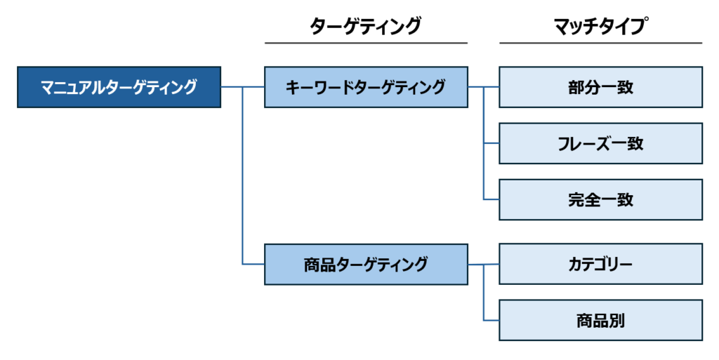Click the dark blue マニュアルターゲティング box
(119, 87)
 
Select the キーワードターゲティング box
(366, 87)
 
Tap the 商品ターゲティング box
(366, 264)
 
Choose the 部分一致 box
(600, 87)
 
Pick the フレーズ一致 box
(600, 143)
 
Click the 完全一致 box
(600, 199)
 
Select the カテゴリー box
(600, 264)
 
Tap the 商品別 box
(600, 320)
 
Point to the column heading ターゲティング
(366, 27)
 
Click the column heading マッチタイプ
(600, 27)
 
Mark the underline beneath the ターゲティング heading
(366, 44)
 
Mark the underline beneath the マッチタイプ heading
(600, 44)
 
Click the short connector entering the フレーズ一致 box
(492, 143)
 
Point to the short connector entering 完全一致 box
(492, 199)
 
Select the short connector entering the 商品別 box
(492, 320)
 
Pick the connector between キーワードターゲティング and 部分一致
(483, 87)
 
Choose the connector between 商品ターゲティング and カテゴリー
(483, 264)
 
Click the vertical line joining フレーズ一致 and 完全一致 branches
(484, 172)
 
